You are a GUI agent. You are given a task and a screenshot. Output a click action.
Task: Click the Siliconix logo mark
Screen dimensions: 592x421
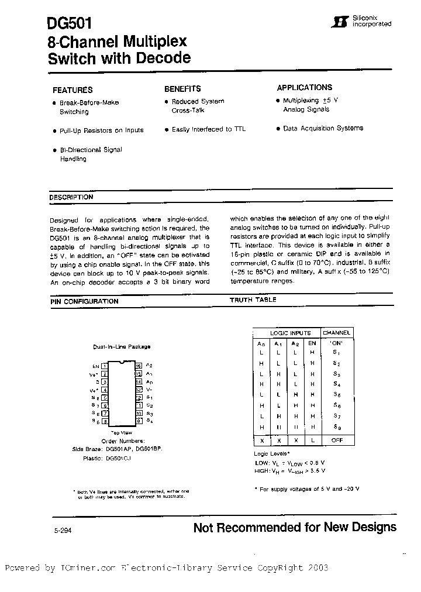tap(336, 22)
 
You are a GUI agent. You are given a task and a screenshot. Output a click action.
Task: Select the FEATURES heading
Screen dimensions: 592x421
tap(73, 90)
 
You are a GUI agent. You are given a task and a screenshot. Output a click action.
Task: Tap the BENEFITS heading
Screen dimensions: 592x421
tap(182, 89)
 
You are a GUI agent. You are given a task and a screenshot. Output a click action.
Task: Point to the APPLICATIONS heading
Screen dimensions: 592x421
tap(304, 88)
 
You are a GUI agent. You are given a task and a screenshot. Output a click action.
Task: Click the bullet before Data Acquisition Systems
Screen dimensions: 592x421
tap(278, 129)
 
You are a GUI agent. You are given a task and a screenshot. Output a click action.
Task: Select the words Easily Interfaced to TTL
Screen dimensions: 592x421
tap(209, 129)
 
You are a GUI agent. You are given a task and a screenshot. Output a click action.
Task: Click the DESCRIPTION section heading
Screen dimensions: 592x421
tap(71, 198)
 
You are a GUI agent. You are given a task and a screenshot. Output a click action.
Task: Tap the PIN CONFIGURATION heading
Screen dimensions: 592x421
tap(84, 301)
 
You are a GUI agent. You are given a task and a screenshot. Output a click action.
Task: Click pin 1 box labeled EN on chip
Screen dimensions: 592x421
tap(105, 364)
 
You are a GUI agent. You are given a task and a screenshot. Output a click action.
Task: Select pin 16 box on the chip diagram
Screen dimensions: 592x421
tap(139, 364)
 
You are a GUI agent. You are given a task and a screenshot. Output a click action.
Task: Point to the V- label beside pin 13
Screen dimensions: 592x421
tap(149, 388)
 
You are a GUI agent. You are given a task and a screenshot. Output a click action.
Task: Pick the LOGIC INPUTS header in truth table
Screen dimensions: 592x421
tap(290, 333)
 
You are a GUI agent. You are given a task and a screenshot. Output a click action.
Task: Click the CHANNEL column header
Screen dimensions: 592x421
tap(337, 333)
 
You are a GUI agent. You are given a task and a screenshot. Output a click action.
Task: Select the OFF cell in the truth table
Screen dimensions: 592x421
tap(337, 440)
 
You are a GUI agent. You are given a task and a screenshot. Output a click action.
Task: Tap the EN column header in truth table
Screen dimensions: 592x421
tap(312, 343)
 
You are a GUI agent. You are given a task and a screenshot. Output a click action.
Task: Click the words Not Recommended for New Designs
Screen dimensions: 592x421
tap(295, 528)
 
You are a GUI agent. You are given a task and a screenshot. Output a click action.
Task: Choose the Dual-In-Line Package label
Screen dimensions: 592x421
tap(122, 347)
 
